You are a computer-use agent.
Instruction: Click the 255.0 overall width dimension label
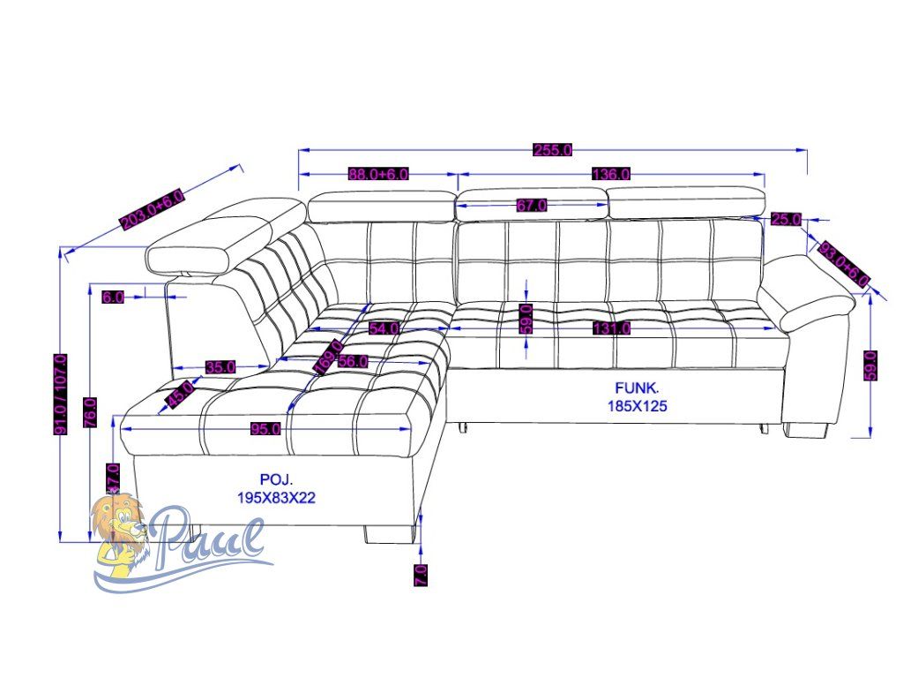553,149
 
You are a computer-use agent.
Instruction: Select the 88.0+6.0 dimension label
378,174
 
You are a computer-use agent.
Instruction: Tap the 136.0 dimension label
610,174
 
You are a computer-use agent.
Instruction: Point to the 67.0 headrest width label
532,205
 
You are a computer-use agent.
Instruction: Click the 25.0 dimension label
786,219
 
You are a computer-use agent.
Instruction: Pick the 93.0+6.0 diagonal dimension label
844,263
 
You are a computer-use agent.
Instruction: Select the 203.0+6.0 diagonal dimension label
153,209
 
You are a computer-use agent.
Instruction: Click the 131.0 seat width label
611,328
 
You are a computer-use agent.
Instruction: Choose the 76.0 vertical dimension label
91,413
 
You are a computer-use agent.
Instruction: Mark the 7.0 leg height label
421,575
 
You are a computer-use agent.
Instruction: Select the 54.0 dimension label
384,328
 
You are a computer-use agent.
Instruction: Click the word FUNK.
637,388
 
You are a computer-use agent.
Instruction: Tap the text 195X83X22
276,498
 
